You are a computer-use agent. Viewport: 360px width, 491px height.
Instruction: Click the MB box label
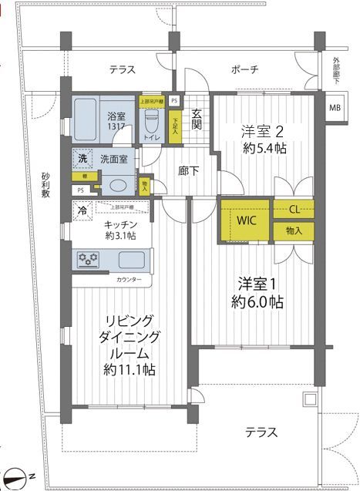334,107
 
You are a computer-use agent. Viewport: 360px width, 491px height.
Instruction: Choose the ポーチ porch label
244,70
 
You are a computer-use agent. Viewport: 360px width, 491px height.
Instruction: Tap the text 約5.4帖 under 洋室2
264,149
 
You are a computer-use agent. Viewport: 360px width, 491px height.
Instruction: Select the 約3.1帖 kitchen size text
121,236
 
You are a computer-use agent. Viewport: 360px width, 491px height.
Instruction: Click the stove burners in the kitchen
87,261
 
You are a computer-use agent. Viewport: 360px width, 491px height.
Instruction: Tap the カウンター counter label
129,279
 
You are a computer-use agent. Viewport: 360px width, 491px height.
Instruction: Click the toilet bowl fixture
151,120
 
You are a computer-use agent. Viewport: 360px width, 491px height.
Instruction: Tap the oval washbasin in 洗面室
117,186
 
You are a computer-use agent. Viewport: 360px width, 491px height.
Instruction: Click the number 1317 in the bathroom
116,128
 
